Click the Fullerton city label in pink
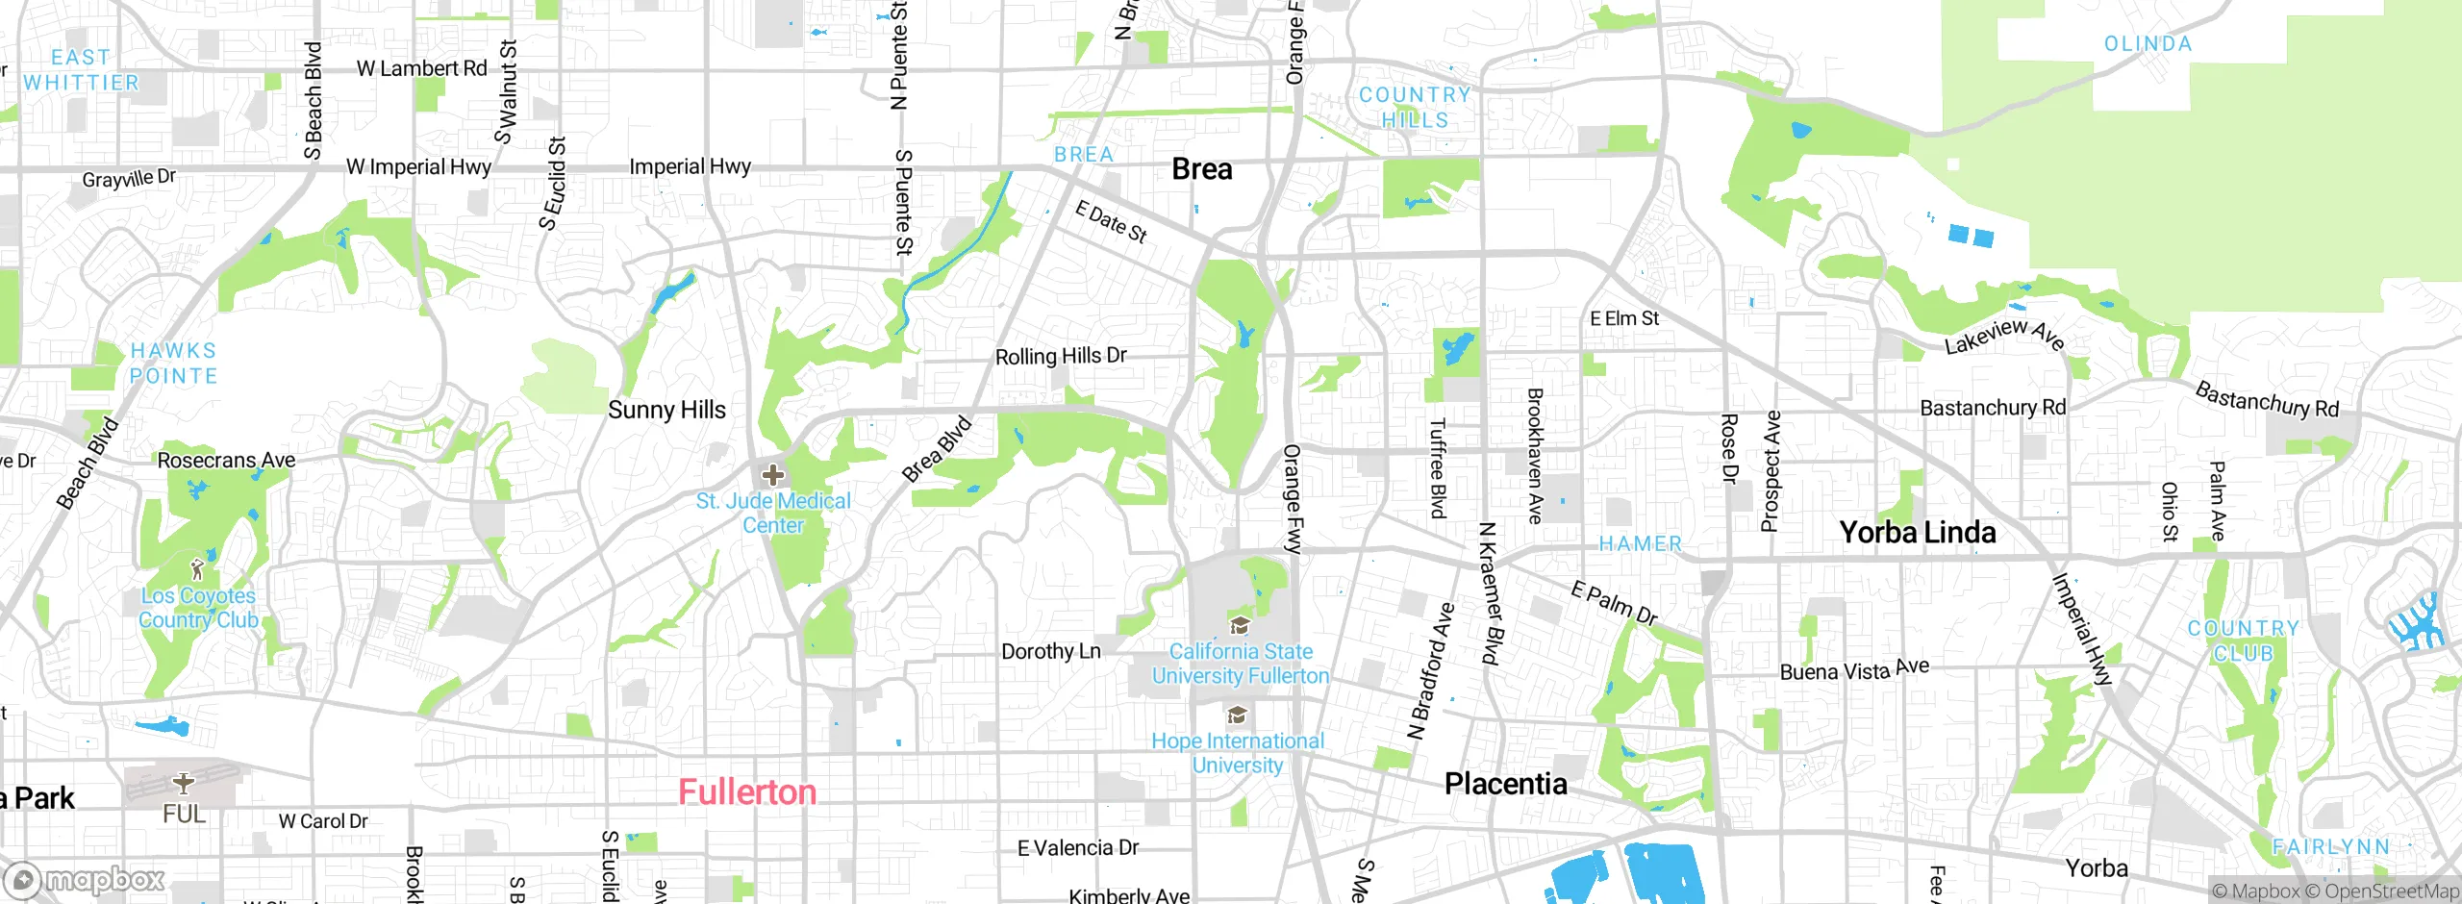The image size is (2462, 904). (x=747, y=792)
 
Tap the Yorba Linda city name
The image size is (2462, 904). (x=1917, y=533)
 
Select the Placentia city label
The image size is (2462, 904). (x=1505, y=784)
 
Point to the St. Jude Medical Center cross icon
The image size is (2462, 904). (x=772, y=475)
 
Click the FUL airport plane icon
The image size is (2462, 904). (x=183, y=783)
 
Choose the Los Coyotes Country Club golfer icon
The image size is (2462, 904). (x=198, y=568)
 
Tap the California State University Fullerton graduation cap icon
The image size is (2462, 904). (x=1241, y=626)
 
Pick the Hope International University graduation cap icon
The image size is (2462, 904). (x=1238, y=716)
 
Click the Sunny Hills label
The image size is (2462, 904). (x=666, y=411)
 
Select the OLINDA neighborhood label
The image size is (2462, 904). (x=2148, y=44)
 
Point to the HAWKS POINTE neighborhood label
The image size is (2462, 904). (x=174, y=364)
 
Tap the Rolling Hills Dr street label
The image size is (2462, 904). (x=1061, y=356)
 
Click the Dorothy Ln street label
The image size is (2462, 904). (x=1050, y=652)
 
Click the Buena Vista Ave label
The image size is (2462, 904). (x=1854, y=670)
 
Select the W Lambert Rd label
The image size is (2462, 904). (x=421, y=69)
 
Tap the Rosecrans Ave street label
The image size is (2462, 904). (x=226, y=461)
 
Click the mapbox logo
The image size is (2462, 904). (x=87, y=880)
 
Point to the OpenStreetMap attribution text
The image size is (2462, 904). (x=2391, y=891)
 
